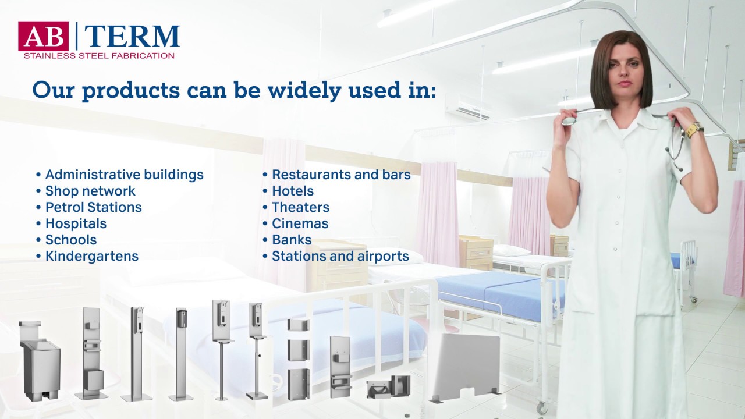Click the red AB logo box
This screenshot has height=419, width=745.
[x=43, y=36]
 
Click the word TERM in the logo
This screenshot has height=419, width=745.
[x=132, y=37]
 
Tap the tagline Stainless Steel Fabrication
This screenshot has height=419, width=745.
[x=99, y=56]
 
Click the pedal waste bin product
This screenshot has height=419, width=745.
[x=40, y=361]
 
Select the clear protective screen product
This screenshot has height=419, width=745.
[x=467, y=367]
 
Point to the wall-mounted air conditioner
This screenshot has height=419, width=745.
[x=469, y=108]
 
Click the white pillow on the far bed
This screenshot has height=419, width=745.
[x=512, y=250]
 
